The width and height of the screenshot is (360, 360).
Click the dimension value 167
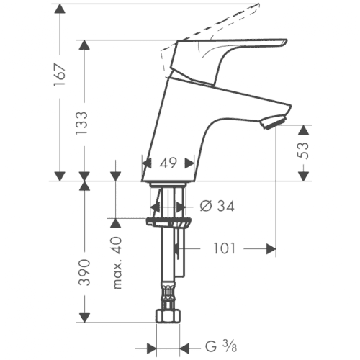point(60,75)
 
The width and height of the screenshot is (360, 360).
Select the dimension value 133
point(82,123)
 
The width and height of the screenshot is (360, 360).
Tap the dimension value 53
point(302,150)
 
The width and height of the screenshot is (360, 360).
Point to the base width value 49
point(168,163)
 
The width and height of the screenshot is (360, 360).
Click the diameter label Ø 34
point(217,206)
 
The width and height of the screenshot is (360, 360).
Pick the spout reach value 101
point(225,248)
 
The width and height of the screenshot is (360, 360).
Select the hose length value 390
point(84,272)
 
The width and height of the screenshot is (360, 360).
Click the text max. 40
point(117,263)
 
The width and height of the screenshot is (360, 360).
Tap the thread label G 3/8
point(221,346)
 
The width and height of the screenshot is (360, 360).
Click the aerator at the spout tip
point(274,122)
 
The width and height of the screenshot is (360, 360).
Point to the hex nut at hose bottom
point(168,316)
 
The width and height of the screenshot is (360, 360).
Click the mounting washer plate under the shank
point(168,222)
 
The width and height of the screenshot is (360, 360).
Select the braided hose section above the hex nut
point(168,294)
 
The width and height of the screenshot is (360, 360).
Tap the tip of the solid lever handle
point(286,41)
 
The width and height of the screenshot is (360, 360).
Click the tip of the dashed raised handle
point(258,5)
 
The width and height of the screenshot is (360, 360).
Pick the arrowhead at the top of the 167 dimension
point(60,9)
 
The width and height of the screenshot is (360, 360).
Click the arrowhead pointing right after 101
point(271,248)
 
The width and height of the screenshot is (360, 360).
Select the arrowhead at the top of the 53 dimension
point(304,130)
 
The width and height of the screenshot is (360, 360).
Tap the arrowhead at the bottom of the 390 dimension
point(84,318)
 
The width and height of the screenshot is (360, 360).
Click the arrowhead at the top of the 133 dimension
point(84,45)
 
